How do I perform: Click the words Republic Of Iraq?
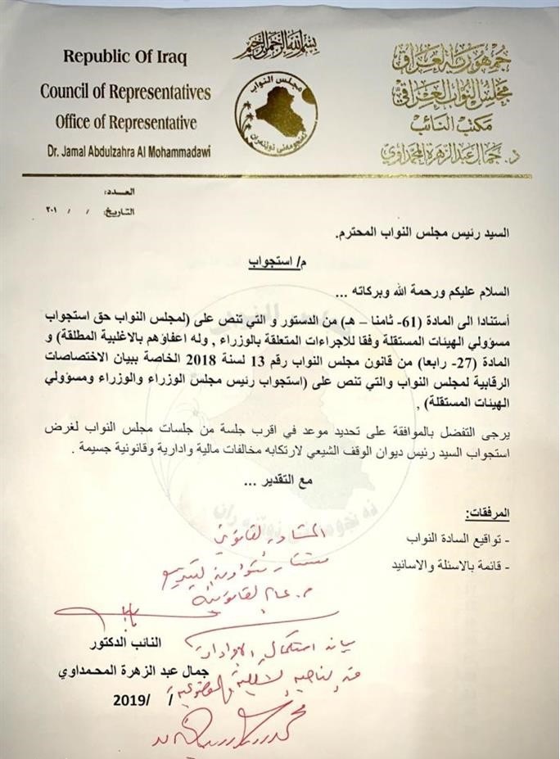pyautogui.click(x=125, y=58)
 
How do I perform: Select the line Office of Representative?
pyautogui.click(x=126, y=123)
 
